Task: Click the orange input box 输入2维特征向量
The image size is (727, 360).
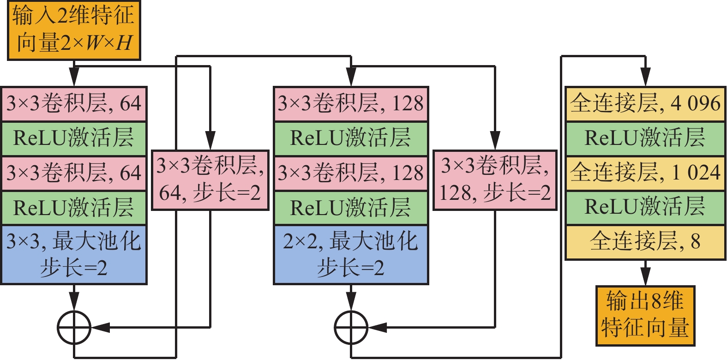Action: click(x=74, y=30)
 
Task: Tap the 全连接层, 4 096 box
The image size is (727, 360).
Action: click(x=645, y=104)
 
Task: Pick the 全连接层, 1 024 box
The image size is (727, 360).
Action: click(x=645, y=173)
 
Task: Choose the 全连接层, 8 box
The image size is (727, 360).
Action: click(x=645, y=242)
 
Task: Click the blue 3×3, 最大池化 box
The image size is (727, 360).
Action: click(x=74, y=254)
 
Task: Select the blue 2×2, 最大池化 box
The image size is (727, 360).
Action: click(x=351, y=254)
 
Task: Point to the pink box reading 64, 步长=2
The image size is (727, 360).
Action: click(x=210, y=180)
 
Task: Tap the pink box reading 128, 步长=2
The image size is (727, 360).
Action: click(x=495, y=180)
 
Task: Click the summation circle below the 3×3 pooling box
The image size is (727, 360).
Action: click(x=74, y=328)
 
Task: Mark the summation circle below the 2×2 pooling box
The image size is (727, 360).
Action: click(x=351, y=328)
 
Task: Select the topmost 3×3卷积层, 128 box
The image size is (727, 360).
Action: click(x=351, y=104)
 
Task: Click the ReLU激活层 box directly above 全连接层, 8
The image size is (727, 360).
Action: click(x=645, y=207)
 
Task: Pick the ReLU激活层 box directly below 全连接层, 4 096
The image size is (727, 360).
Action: click(x=645, y=138)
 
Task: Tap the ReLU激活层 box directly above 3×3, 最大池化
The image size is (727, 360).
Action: click(x=74, y=208)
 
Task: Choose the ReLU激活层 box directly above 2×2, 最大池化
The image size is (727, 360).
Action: click(x=351, y=208)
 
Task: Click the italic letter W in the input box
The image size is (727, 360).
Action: click(x=94, y=43)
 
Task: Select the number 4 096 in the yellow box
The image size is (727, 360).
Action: click(x=695, y=104)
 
